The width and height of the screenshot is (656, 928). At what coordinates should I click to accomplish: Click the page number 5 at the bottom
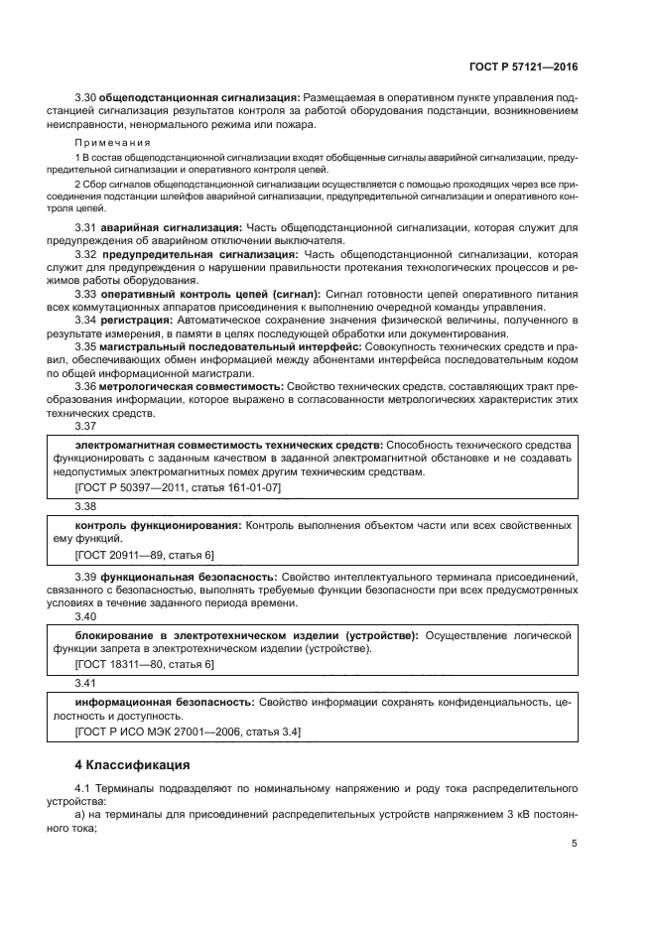click(x=575, y=844)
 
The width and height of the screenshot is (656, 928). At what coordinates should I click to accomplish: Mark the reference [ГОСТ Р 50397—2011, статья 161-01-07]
click(x=178, y=487)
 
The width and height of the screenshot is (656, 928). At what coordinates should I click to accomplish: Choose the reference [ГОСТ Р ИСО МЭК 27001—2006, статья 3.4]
click(x=188, y=730)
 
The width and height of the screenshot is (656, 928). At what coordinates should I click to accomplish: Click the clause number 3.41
click(x=85, y=683)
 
